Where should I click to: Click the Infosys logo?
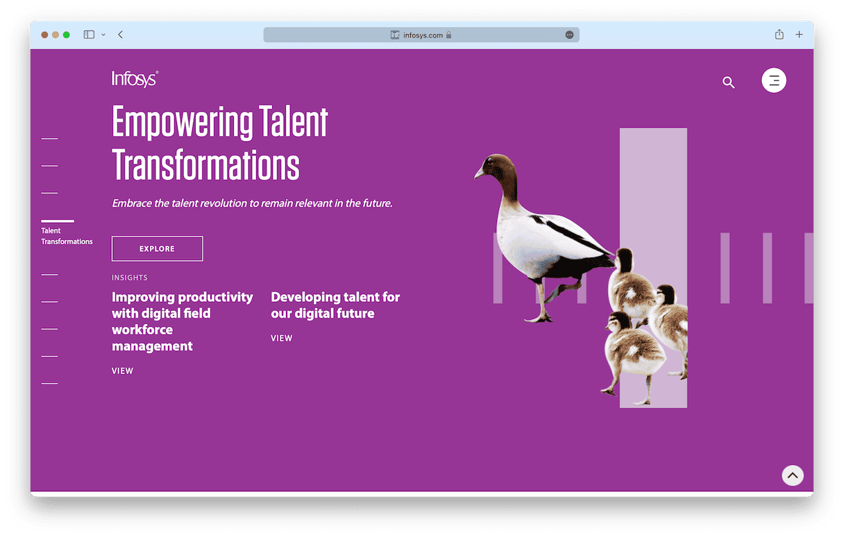pyautogui.click(x=135, y=79)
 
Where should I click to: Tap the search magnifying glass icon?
pyautogui.click(x=728, y=82)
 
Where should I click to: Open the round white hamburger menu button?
pyautogui.click(x=773, y=80)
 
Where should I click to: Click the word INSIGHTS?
pyautogui.click(x=129, y=278)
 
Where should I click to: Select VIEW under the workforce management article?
pyautogui.click(x=122, y=371)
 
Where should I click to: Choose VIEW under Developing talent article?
pyautogui.click(x=282, y=338)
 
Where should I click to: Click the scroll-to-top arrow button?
pyautogui.click(x=793, y=475)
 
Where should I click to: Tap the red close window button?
pyautogui.click(x=44, y=35)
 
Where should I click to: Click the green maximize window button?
pyautogui.click(x=67, y=35)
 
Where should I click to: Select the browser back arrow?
pyautogui.click(x=121, y=35)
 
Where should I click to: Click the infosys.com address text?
pyautogui.click(x=423, y=35)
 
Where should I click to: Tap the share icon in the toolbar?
pyautogui.click(x=779, y=34)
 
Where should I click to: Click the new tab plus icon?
pyautogui.click(x=799, y=35)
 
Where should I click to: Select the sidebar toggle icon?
pyautogui.click(x=89, y=35)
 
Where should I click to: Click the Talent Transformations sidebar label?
pyautogui.click(x=67, y=236)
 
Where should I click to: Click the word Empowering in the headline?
pyautogui.click(x=183, y=122)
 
